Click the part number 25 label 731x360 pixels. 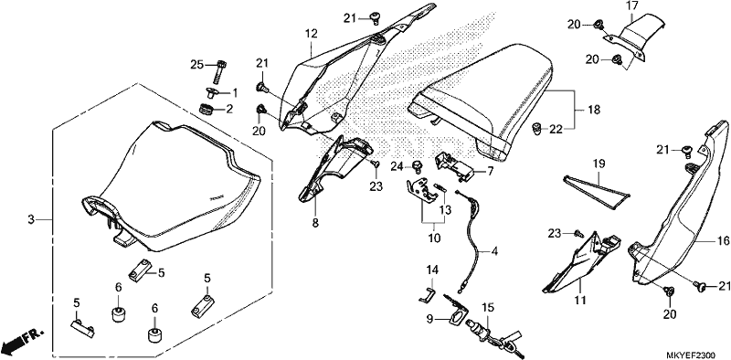(x=197, y=65)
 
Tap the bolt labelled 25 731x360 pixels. (x=219, y=72)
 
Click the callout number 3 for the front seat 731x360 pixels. (x=31, y=219)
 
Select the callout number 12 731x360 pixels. (x=312, y=34)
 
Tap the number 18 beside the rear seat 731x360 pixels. (x=594, y=110)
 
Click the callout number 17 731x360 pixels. (x=631, y=6)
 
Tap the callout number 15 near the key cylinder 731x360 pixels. (x=487, y=308)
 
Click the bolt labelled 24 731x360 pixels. (x=418, y=165)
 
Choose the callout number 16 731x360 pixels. (x=709, y=240)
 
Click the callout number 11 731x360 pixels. (x=579, y=301)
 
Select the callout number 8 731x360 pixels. (x=315, y=223)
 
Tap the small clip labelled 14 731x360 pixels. (x=426, y=295)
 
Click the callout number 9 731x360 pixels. (x=430, y=320)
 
